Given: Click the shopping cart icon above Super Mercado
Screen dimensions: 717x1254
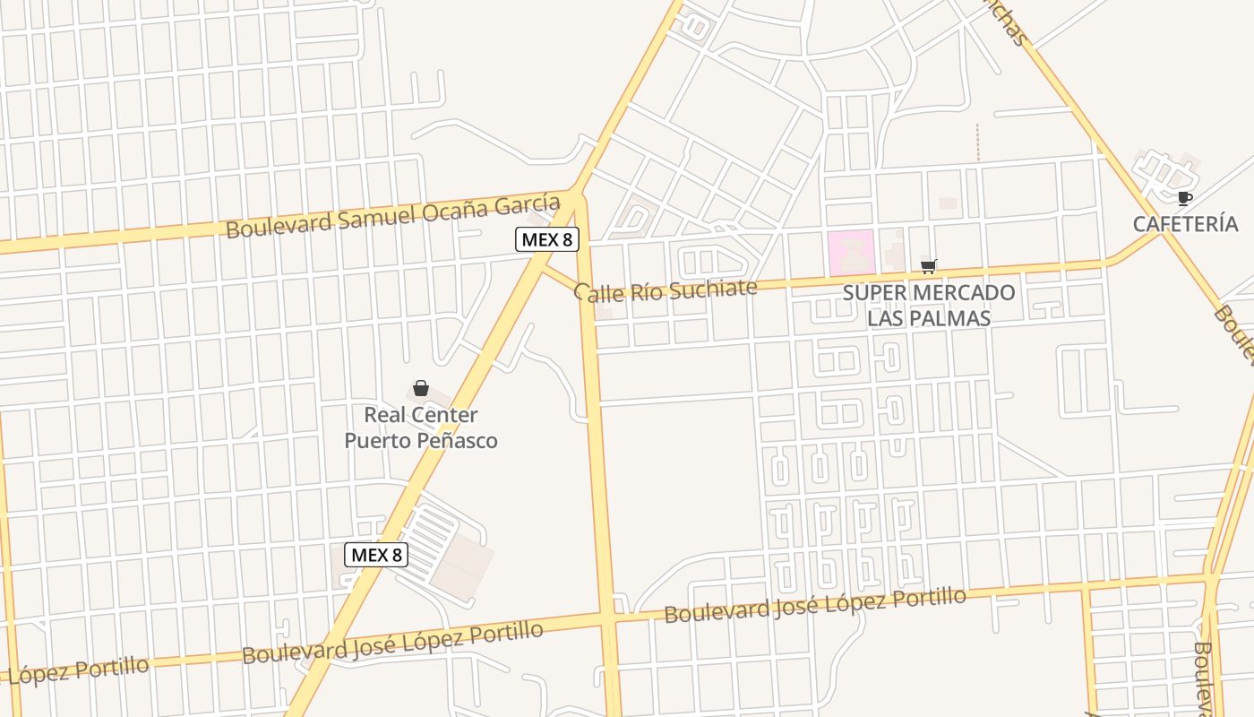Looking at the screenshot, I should tap(929, 266).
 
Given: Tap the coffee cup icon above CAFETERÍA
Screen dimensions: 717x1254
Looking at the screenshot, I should tap(1185, 199).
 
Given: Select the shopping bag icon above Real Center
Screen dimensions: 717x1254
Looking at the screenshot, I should tap(421, 388).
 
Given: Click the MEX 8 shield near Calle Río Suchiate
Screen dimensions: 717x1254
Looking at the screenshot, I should tap(546, 239).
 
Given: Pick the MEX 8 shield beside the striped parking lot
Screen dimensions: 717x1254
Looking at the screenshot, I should tap(377, 555).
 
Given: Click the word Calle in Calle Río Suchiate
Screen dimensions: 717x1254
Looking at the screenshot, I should tap(597, 292).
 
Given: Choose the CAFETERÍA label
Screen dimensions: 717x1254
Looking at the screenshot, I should tap(1185, 224).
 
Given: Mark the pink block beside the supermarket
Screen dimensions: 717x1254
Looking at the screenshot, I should tap(850, 253).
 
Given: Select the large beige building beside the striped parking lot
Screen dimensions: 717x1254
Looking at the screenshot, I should tap(463, 561).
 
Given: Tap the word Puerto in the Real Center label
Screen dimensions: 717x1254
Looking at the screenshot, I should tap(374, 441).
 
